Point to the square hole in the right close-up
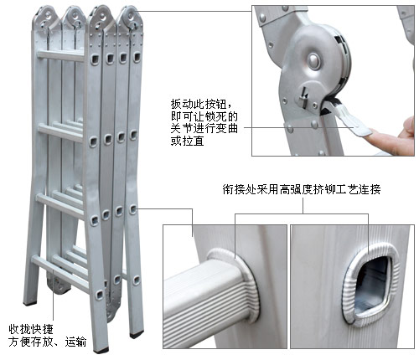[x=371, y=286]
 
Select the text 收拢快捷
[x=31, y=329]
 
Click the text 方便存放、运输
[x=48, y=342]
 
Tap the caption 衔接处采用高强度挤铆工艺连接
[x=302, y=190]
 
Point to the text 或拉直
[x=187, y=141]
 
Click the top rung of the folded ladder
[x=60, y=55]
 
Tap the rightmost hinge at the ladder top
[x=131, y=18]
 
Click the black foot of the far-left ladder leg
[x=30, y=302]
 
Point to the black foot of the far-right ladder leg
[x=137, y=334]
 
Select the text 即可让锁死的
[x=204, y=116]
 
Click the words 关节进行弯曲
[x=204, y=129]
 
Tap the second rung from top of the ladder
[x=61, y=131]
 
